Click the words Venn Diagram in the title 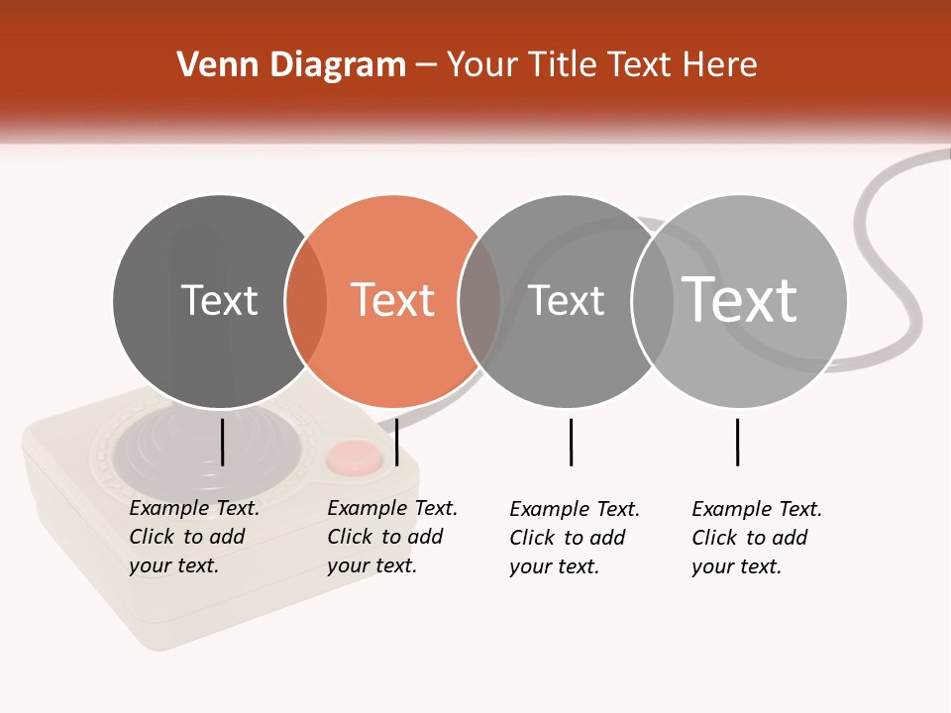[291, 65]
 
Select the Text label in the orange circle [393, 300]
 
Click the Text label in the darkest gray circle [219, 300]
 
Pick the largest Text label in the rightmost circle [740, 299]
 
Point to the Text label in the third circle [566, 300]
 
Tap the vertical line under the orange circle [396, 442]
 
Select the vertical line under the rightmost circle [737, 442]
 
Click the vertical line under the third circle [571, 442]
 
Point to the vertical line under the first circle [222, 442]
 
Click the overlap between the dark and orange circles [306, 300]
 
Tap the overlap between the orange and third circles [479, 300]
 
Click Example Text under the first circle [194, 508]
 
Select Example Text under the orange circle [392, 508]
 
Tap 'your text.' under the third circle [555, 567]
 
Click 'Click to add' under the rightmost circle [750, 538]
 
